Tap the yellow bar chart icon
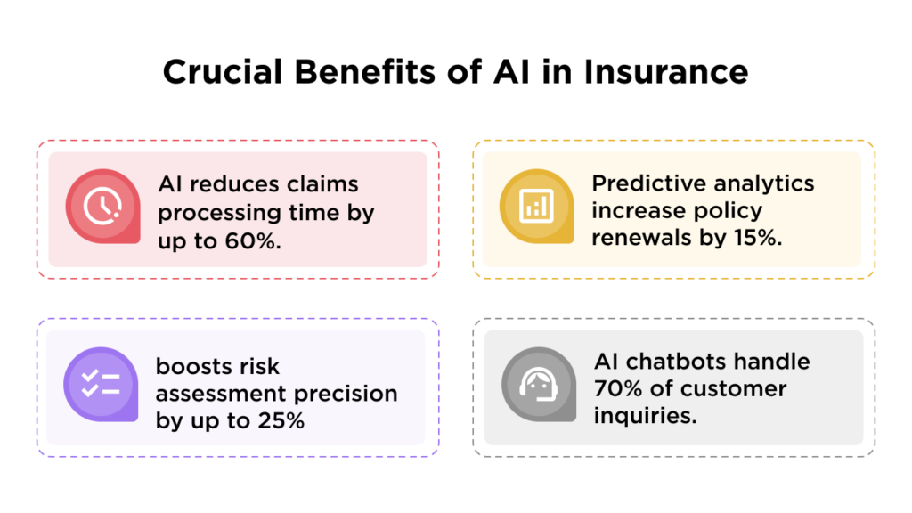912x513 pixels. coord(536,207)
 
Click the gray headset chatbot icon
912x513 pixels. coord(537,385)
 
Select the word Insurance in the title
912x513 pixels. coord(666,72)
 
